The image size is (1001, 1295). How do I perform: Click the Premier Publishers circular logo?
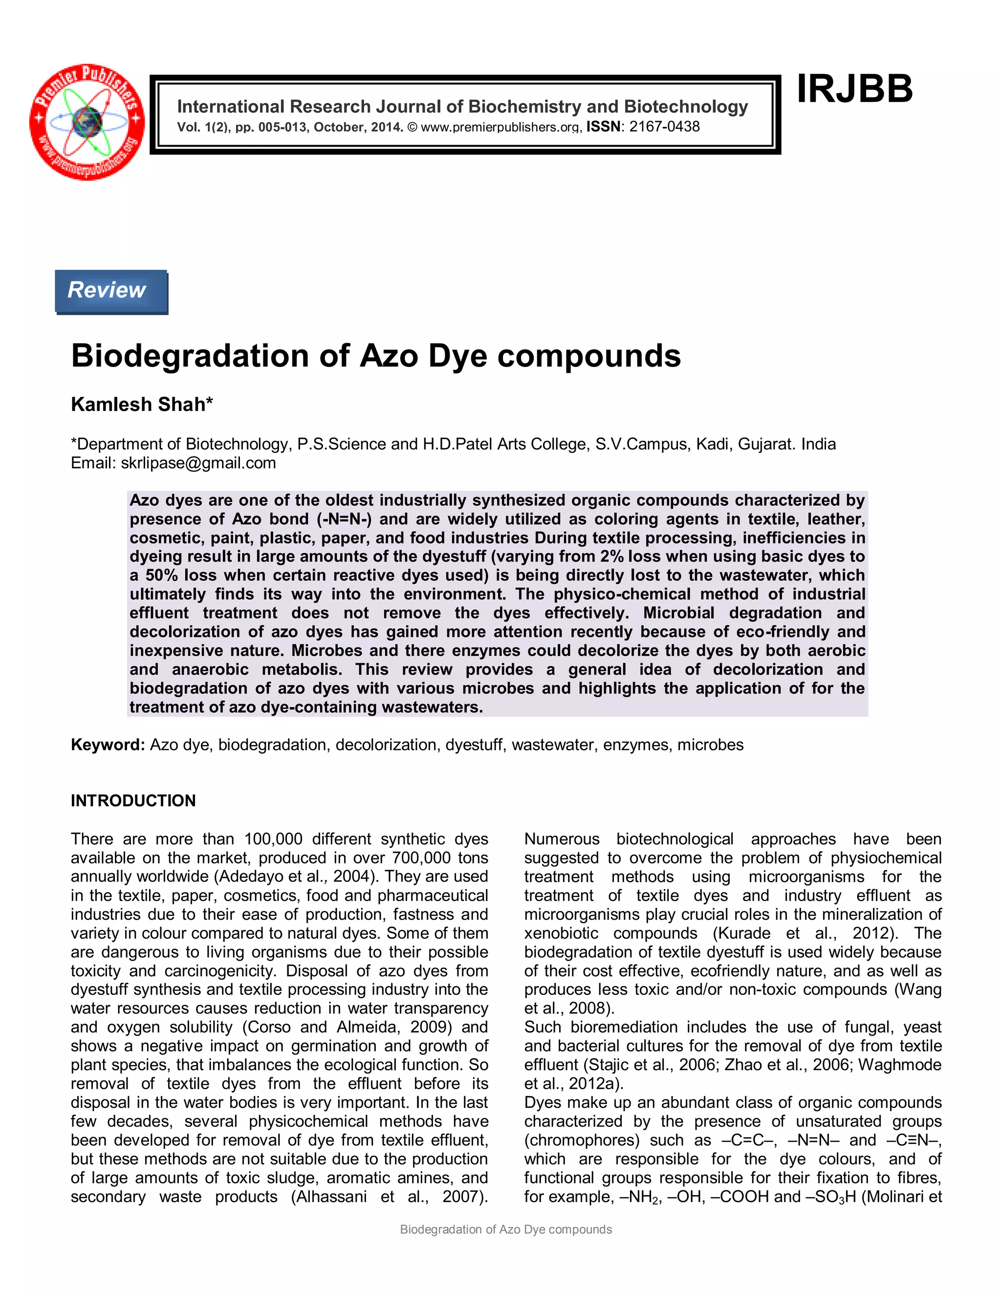pos(87,122)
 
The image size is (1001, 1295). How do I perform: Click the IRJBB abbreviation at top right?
pos(854,89)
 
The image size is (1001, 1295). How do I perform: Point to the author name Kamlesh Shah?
pos(141,405)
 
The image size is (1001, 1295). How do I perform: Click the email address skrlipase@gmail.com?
pos(198,463)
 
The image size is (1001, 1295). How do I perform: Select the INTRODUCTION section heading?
pos(133,800)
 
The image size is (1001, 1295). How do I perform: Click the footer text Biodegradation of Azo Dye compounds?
pos(505,1229)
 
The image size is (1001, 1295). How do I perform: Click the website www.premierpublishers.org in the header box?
pos(500,128)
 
